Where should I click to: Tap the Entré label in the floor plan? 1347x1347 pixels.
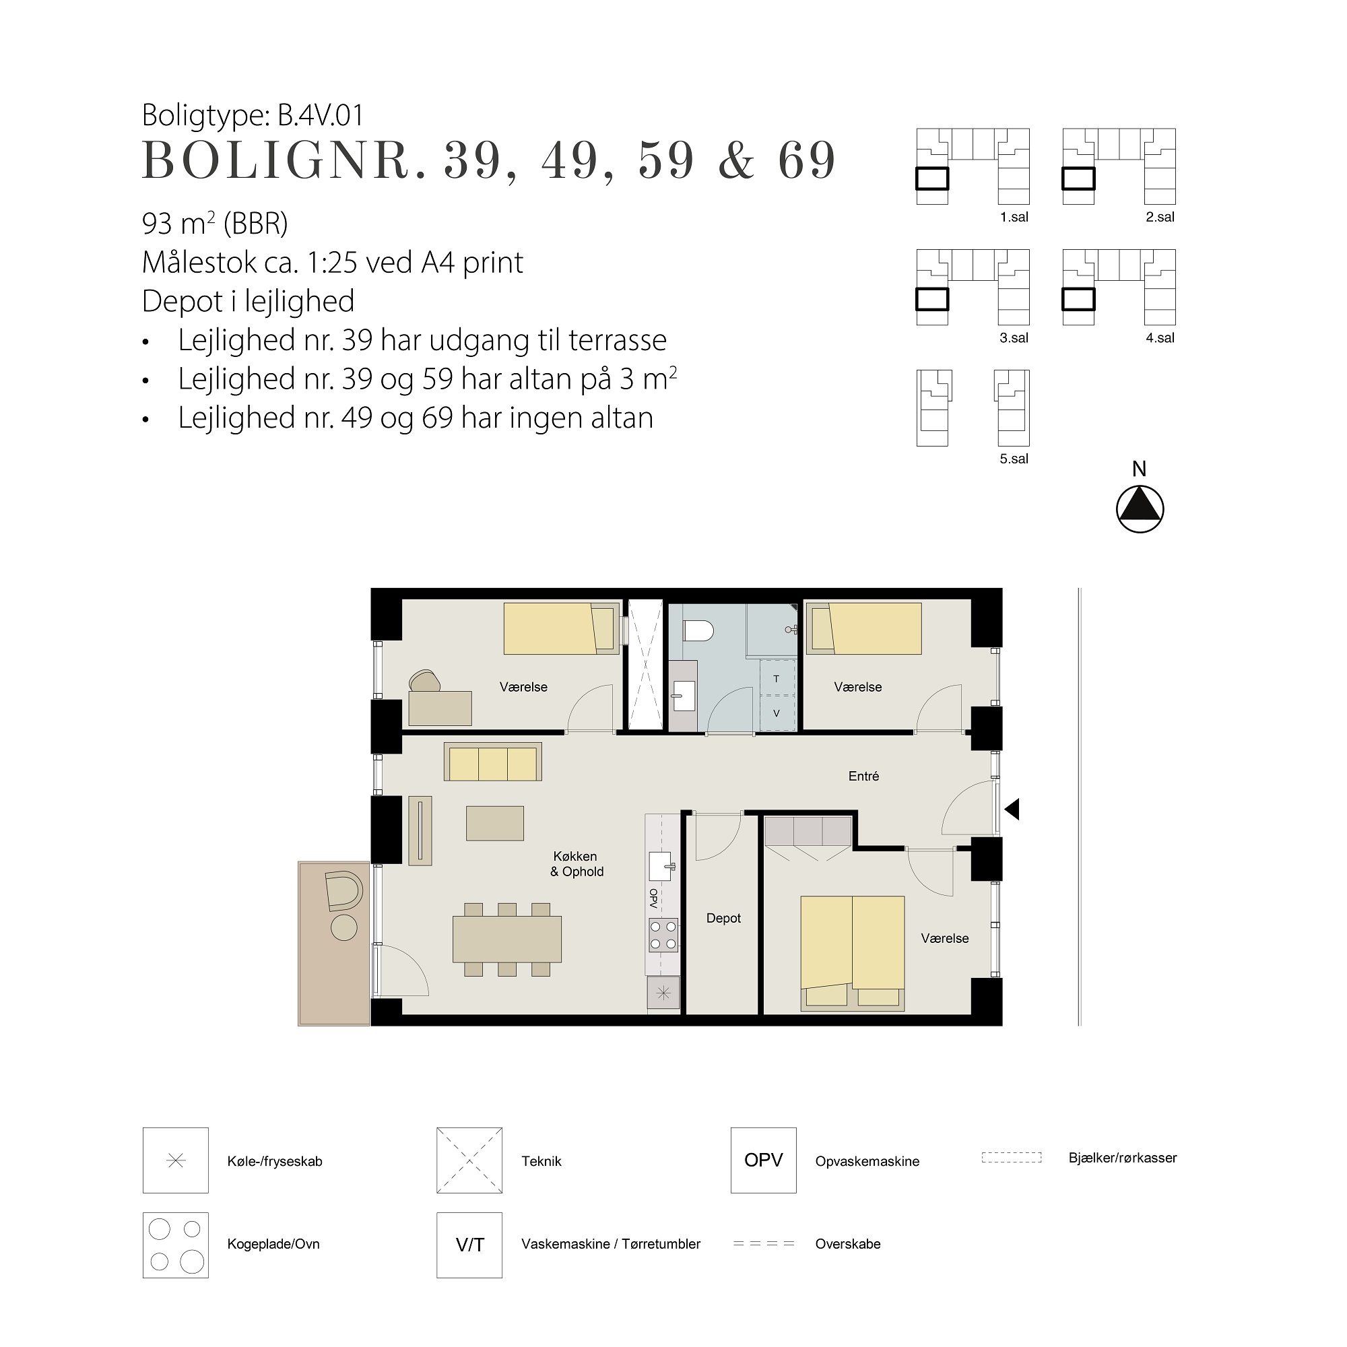(x=863, y=776)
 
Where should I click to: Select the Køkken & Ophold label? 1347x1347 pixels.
(x=577, y=864)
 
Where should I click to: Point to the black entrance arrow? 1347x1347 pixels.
(x=1012, y=810)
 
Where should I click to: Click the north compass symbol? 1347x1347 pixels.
(x=1140, y=509)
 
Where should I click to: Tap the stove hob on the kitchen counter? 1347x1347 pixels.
(x=663, y=935)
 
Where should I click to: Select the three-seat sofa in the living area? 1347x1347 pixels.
(x=493, y=763)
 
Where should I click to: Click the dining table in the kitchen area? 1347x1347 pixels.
(x=507, y=939)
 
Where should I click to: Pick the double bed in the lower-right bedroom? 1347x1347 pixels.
(x=853, y=953)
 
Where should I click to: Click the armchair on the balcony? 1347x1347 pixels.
(x=343, y=890)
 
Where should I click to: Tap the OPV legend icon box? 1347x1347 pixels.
(x=764, y=1160)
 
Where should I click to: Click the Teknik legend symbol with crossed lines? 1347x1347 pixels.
(x=469, y=1160)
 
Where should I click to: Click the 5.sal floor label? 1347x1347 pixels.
(x=1014, y=459)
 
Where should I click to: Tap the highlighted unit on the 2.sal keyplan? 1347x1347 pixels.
(x=1078, y=179)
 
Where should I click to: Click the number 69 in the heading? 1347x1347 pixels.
(x=807, y=160)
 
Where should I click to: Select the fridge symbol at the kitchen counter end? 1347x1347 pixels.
(x=663, y=993)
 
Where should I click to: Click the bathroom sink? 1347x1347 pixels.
(x=684, y=695)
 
